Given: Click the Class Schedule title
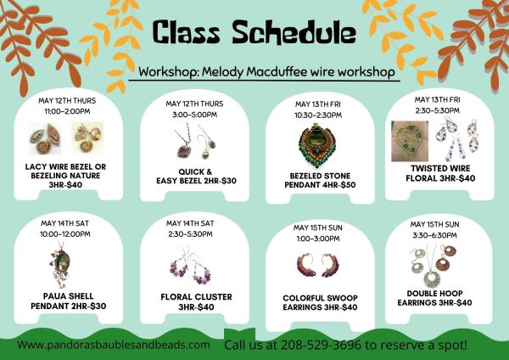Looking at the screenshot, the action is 255,32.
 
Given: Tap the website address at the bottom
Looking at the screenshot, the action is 114,345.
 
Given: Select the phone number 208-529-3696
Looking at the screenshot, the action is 321,345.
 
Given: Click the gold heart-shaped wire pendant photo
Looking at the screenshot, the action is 410,141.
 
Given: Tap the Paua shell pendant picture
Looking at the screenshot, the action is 62,265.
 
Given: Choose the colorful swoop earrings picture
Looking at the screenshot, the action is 318,265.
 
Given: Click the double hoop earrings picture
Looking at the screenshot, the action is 433,266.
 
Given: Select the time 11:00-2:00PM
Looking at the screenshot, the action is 68,111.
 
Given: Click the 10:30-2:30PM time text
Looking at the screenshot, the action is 318,115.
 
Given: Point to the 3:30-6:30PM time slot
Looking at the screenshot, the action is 434,235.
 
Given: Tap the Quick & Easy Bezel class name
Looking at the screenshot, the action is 196,177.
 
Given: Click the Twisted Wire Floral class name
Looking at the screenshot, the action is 440,173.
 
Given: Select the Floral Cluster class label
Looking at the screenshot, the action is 196,302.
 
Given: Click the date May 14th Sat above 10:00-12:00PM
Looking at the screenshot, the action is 65,223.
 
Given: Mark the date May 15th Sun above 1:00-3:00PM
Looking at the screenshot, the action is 318,228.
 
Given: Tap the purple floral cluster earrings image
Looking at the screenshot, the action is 191,266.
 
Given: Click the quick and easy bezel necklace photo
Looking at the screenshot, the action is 194,141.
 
